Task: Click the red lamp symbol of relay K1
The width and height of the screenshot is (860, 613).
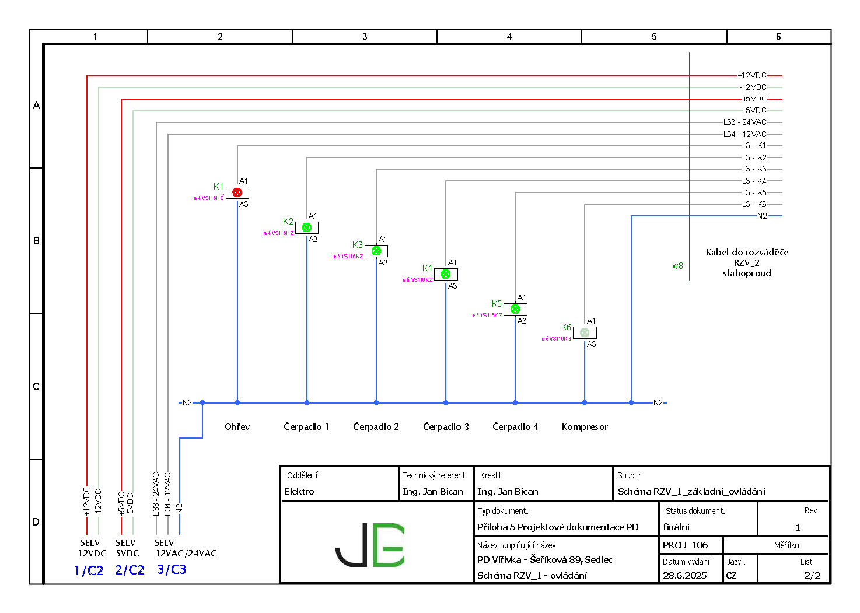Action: click(x=237, y=192)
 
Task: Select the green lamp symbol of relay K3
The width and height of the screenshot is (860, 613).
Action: click(x=376, y=251)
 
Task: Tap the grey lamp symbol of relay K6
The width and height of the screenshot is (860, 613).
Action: click(x=585, y=332)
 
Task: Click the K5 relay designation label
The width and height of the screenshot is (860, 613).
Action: click(x=497, y=304)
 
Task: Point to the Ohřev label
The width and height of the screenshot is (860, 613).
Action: click(x=237, y=427)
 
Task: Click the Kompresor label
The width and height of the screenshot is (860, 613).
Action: click(x=585, y=427)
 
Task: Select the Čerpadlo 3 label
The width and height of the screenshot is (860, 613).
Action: click(x=446, y=427)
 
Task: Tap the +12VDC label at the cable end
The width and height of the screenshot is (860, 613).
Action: click(x=751, y=75)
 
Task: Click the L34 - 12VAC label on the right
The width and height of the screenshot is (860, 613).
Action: click(x=744, y=134)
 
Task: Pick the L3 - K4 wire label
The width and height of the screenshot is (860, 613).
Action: click(x=754, y=181)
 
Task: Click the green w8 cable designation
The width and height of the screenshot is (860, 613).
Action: click(x=677, y=266)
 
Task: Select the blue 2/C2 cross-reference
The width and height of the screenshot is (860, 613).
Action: click(x=130, y=570)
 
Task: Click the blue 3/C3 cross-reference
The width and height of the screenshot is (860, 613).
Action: click(x=172, y=569)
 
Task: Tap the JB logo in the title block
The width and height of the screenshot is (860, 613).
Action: click(x=370, y=544)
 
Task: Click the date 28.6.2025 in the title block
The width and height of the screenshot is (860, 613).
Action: click(x=684, y=576)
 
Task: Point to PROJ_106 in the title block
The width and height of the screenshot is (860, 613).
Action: click(x=685, y=545)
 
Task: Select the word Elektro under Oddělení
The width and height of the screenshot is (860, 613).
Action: click(x=299, y=491)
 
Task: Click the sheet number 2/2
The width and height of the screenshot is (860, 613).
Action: click(x=812, y=576)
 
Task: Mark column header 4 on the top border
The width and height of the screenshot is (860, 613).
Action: click(x=509, y=37)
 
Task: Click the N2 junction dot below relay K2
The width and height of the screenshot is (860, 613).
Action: click(x=307, y=402)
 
